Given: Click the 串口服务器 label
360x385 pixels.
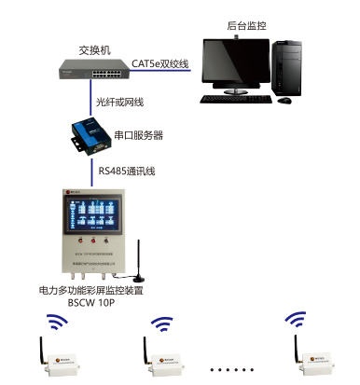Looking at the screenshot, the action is [x=138, y=135].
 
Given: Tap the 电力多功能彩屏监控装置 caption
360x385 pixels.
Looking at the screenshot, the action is [x=91, y=290].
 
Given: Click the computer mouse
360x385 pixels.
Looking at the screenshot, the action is [x=286, y=99].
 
